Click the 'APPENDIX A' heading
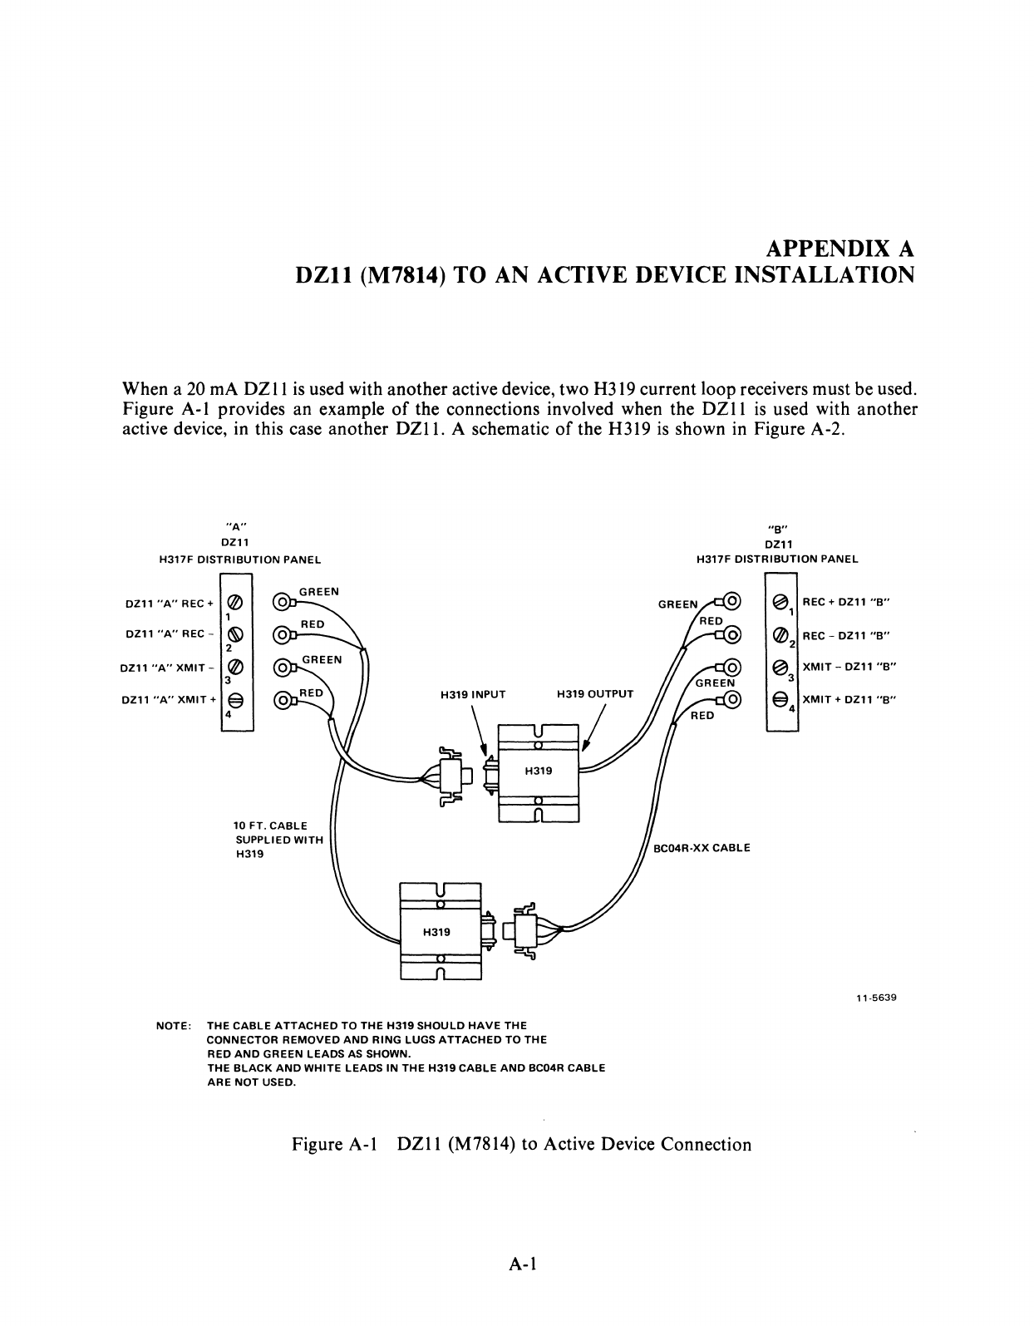(839, 248)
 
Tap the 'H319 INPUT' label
(473, 693)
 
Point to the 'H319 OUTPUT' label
(594, 693)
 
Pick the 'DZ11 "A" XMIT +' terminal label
(169, 700)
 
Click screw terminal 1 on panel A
(235, 602)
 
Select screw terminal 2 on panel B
(780, 635)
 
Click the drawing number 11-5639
(877, 998)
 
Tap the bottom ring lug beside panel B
(731, 700)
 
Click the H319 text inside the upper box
(539, 771)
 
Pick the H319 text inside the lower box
(436, 932)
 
